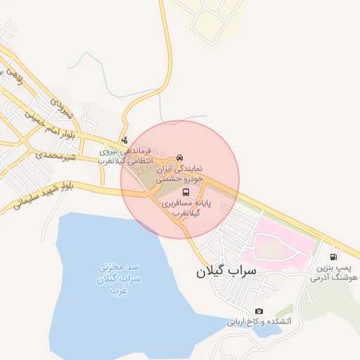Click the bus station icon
pyautogui.click(x=186, y=192)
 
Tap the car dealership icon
pyautogui.click(x=180, y=157)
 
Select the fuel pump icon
pyautogui.click(x=333, y=257)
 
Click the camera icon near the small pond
pyautogui.click(x=259, y=311)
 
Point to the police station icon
pyautogui.click(x=124, y=140)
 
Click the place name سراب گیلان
pyautogui.click(x=226, y=270)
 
